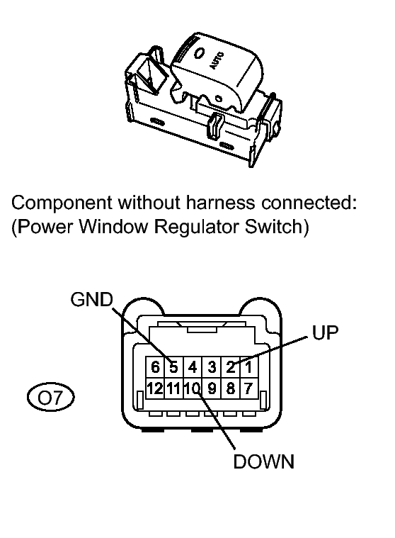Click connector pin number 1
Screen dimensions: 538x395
(248, 368)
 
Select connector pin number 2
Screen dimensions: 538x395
(230, 368)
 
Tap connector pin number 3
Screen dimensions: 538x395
(211, 368)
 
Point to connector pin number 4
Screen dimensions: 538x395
(192, 368)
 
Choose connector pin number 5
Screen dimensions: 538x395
(173, 368)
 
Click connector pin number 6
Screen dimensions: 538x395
(154, 368)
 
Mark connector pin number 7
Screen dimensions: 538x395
(248, 388)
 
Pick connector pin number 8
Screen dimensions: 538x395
(230, 388)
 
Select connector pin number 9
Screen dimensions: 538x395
(211, 388)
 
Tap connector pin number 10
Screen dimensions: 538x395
(192, 388)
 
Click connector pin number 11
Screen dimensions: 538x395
(173, 388)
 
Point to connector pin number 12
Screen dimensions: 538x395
(154, 388)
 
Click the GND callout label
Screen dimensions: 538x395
(91, 301)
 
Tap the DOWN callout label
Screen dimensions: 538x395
(263, 462)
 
